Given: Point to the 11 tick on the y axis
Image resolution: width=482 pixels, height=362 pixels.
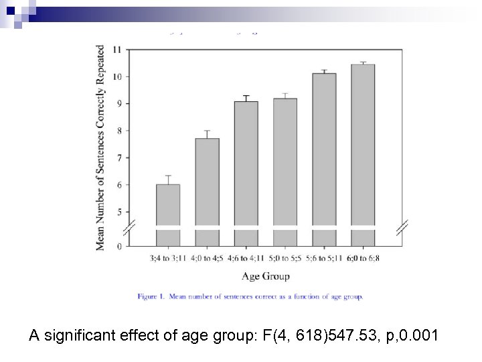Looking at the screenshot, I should tap(117, 50).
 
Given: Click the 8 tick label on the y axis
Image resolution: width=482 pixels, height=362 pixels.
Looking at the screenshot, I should tap(119, 131).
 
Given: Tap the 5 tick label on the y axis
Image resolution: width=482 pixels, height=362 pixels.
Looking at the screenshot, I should tap(119, 212).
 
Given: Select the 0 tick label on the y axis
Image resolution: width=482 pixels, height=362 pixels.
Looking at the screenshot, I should tap(119, 247).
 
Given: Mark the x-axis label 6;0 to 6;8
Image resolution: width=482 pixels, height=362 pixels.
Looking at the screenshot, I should tap(363, 258).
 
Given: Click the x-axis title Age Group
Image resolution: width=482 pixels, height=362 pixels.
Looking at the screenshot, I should tap(266, 276).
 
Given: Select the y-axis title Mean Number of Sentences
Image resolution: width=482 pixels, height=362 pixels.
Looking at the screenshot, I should tap(100, 147).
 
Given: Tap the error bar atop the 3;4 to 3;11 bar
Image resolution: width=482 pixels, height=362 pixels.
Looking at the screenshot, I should tap(168, 179).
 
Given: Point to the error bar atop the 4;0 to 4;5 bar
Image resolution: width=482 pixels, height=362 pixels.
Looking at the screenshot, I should tap(207, 134).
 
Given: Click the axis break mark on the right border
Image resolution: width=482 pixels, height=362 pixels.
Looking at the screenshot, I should tap(402, 229).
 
